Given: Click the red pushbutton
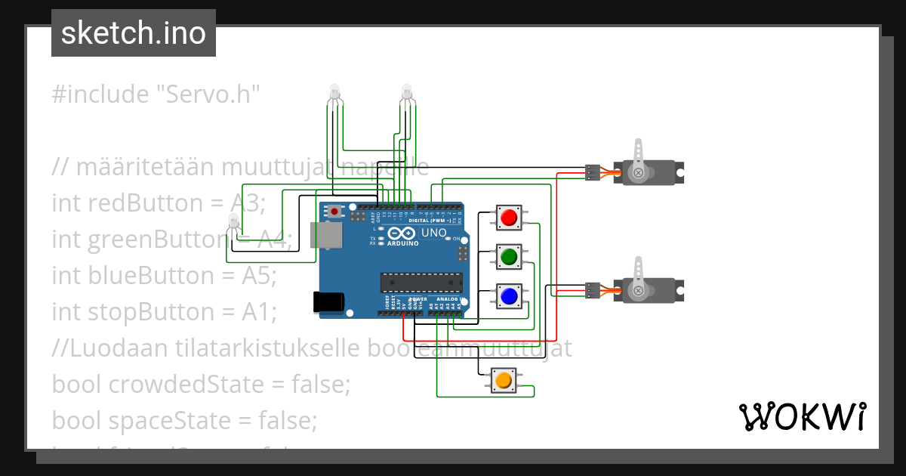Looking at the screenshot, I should pos(509,218).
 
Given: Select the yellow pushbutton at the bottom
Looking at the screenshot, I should pos(502,380).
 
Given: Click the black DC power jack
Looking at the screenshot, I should pos(328,301).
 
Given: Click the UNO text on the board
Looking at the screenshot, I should pos(433,233).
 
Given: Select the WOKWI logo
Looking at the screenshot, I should pos(802,416).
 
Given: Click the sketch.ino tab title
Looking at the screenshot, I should pos(134,33).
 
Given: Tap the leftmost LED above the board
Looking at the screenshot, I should pos(334,94).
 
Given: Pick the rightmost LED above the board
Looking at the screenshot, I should pos(407,94).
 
